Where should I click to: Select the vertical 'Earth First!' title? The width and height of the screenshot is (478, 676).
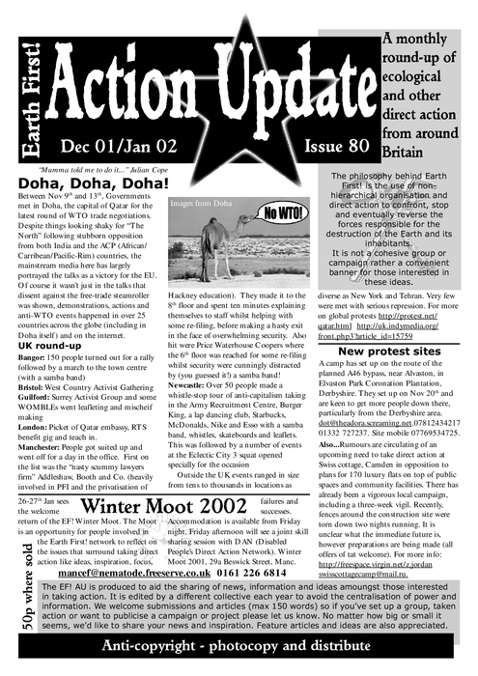point(28,97)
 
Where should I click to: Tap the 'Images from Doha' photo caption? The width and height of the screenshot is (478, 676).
point(203,205)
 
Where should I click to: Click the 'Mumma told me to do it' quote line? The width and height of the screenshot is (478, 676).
point(105,168)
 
